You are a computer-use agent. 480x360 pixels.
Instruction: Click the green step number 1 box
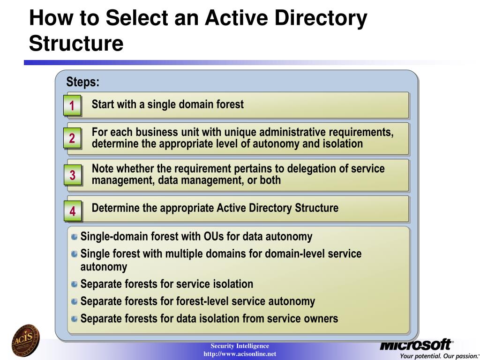coord(72,106)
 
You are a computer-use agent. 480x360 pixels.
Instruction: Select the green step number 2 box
coord(72,138)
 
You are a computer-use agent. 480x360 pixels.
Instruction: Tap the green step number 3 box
coord(72,175)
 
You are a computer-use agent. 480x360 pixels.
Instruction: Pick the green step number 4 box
coord(72,211)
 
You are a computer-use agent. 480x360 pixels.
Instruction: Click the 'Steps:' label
coord(83,82)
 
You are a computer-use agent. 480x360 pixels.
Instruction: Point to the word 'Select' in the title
coord(135,18)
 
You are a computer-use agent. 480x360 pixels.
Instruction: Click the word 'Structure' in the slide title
coord(76,43)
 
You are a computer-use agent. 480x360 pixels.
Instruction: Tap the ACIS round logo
coord(26,341)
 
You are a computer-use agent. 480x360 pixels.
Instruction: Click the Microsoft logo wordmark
coord(416,345)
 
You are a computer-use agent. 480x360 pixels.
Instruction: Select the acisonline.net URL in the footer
coord(240,353)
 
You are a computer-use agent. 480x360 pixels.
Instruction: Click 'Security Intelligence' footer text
coord(240,346)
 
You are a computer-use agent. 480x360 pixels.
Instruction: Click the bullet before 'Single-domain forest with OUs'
coord(75,237)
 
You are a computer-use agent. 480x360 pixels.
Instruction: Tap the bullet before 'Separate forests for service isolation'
coord(75,284)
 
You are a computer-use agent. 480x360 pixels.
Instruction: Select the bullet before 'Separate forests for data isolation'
coord(75,319)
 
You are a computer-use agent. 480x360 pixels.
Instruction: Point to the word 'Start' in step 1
coord(102,104)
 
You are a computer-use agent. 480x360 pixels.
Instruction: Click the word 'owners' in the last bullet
coord(320,319)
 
